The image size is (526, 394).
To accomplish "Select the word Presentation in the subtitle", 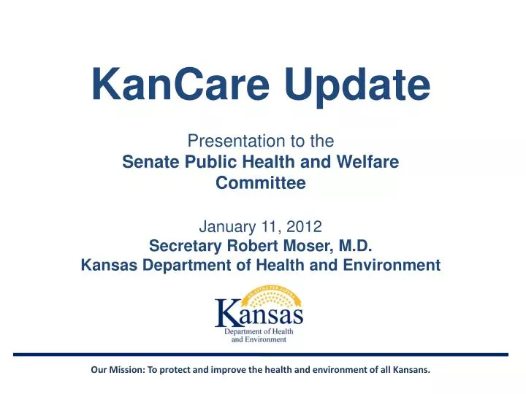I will tap(225, 140).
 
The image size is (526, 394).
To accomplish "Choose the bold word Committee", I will tap(261, 184).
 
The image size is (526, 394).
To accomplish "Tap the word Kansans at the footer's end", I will tap(411, 369).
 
